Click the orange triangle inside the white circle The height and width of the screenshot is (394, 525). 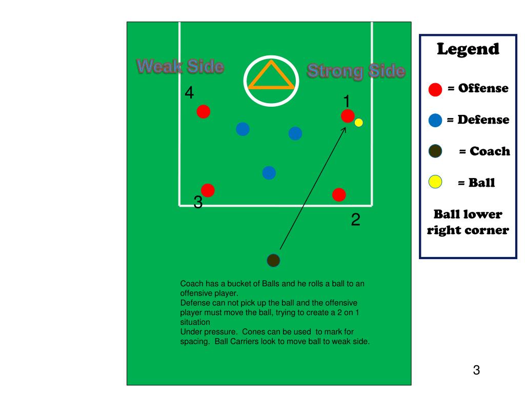point(271,77)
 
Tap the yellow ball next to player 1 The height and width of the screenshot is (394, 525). point(359,123)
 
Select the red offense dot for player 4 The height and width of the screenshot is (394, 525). point(204,111)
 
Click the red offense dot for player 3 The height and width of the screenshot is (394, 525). point(208,190)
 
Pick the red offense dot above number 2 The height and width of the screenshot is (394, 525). point(339,195)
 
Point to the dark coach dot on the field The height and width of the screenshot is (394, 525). point(273,261)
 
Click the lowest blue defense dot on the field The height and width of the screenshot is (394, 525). point(269,173)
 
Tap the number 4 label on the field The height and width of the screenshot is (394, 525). point(190,93)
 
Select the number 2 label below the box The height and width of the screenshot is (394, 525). point(355,221)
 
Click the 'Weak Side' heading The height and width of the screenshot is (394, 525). point(180,67)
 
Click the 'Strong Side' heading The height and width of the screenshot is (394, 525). point(356,71)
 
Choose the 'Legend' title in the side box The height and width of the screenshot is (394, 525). point(468,49)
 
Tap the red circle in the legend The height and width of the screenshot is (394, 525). point(435,89)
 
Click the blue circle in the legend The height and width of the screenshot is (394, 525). point(435,121)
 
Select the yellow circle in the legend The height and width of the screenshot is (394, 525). point(435,182)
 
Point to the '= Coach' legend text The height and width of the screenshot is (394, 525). point(484,151)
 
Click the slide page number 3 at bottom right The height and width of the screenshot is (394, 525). point(476,370)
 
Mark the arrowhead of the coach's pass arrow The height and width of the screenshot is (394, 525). point(344,128)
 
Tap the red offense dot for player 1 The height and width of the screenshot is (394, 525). point(348,116)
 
